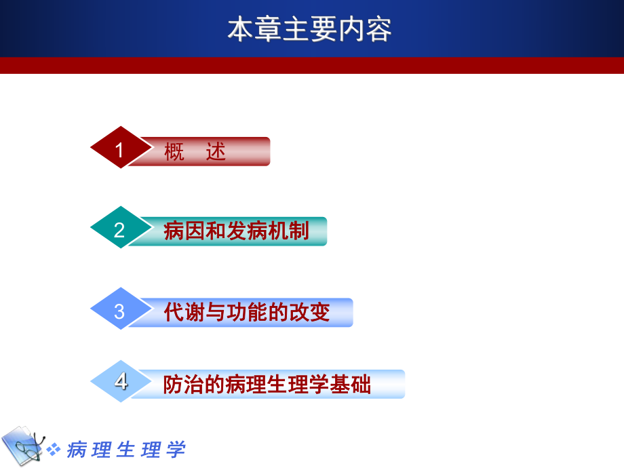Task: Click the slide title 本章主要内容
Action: coord(309,30)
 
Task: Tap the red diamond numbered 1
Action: coord(120,148)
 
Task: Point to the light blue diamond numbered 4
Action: coord(120,381)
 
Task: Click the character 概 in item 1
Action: coord(174,152)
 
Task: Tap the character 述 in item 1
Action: coord(216,152)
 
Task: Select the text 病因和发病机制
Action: coord(236,231)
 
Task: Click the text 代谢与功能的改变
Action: coord(247,312)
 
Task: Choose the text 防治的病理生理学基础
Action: coord(267,385)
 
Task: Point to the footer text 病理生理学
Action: coord(126,449)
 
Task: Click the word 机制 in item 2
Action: coord(288,231)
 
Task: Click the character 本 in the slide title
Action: coord(239,30)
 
